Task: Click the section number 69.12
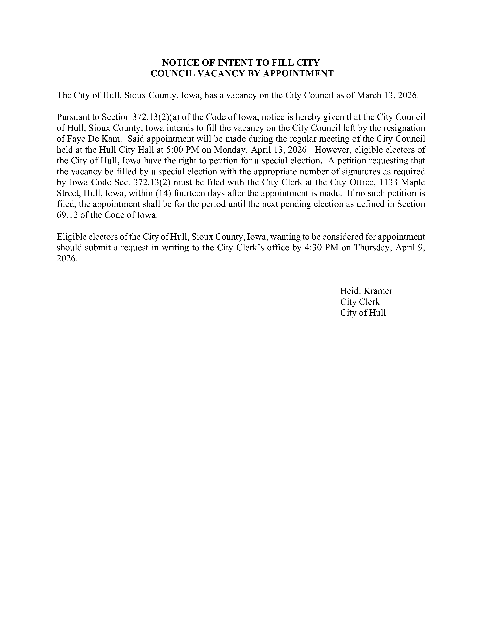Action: coord(67,215)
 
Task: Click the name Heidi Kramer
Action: coord(366,291)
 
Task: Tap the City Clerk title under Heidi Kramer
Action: coord(360,302)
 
